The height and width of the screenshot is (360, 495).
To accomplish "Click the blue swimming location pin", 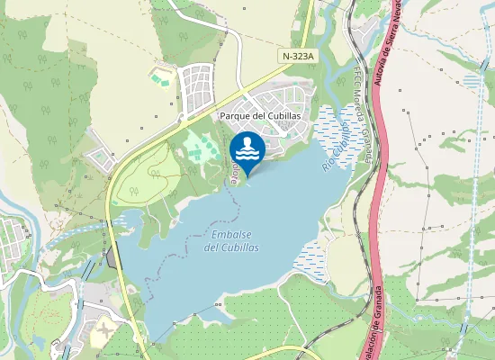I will tap(247, 149).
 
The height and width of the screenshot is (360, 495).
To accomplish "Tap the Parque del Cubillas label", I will tap(259, 116).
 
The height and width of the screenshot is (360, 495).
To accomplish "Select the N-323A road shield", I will tap(299, 56).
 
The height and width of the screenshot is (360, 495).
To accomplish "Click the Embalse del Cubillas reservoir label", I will tap(230, 240).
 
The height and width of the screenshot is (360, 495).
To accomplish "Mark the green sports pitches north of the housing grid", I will tap(160, 79).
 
